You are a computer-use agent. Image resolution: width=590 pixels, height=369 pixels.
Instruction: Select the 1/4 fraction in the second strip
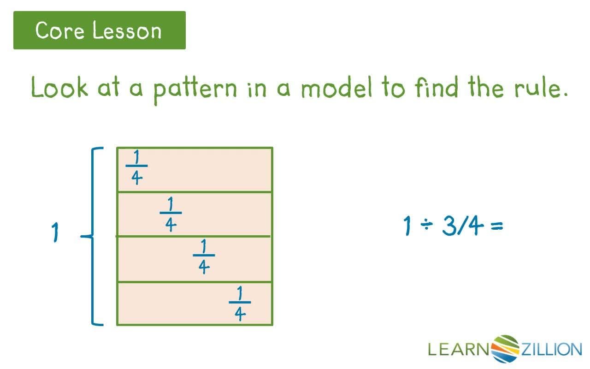tap(171, 214)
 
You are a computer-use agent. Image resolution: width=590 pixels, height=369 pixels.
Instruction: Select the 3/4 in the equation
tap(461, 226)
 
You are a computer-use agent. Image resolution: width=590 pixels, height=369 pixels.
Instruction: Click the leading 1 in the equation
tap(407, 226)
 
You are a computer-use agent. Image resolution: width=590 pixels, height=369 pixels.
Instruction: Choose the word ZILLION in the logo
tap(551, 349)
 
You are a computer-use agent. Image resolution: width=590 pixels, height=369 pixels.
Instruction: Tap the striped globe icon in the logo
tap(506, 348)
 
